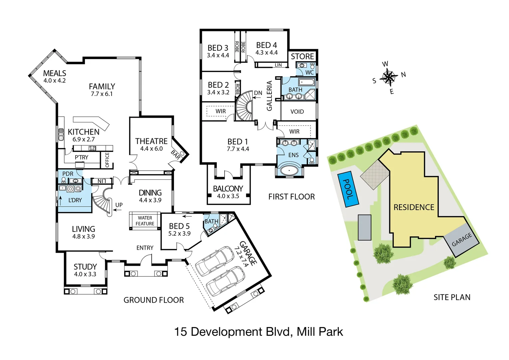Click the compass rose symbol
[388, 77]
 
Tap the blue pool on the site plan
[348, 190]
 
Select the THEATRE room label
[151, 141]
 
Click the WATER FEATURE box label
[145, 221]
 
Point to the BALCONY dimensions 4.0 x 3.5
[228, 196]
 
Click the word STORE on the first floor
[302, 56]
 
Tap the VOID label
[297, 112]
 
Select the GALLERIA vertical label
[269, 96]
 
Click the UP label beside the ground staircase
[119, 205]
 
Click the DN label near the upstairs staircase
[258, 93]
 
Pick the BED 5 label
[179, 226]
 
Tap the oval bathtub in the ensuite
[289, 170]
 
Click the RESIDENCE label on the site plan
[414, 207]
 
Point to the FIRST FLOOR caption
[291, 197]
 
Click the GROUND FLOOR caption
[154, 300]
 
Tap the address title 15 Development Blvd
[258, 332]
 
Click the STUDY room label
[85, 267]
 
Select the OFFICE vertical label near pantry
[107, 160]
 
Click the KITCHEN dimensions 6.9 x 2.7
[84, 139]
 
